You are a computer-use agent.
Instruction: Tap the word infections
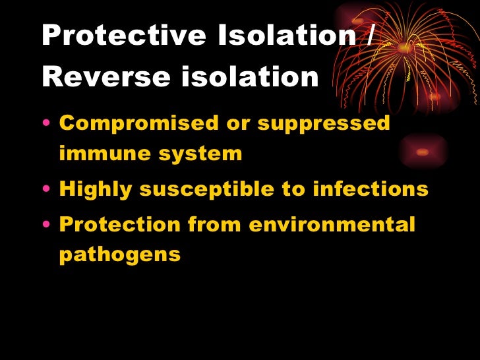[x=370, y=189]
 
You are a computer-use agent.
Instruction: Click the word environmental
[x=332, y=224]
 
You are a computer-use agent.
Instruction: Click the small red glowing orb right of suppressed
[x=423, y=152]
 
